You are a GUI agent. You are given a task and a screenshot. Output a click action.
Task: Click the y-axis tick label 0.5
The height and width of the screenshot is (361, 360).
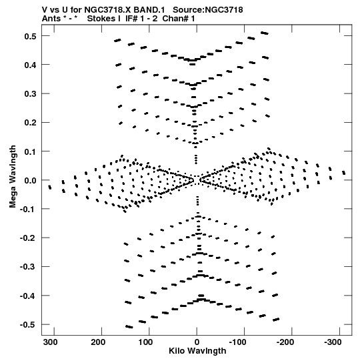[x=30, y=36]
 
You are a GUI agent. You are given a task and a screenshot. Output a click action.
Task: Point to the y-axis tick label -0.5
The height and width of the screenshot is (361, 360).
[x=28, y=325]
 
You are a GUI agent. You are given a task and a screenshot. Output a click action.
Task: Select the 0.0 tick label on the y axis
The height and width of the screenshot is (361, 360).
[x=30, y=180]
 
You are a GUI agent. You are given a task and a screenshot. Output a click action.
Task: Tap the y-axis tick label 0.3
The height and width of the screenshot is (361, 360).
[x=30, y=94]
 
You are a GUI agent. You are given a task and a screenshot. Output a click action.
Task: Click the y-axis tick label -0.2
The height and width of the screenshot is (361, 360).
[x=28, y=238]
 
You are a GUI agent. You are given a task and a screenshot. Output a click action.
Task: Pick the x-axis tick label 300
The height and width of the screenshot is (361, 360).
[x=51, y=342]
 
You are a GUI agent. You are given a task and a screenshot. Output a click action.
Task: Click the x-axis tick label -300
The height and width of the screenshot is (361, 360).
[x=333, y=342]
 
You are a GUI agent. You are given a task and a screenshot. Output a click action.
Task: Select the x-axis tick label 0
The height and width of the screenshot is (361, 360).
[x=197, y=342]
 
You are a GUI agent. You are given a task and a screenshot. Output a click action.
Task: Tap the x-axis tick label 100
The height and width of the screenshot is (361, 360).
[x=145, y=342]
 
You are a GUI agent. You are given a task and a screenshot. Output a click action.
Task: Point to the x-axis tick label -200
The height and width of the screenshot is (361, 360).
[x=285, y=342]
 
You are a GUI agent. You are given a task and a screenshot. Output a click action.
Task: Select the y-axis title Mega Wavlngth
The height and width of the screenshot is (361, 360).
[x=13, y=177]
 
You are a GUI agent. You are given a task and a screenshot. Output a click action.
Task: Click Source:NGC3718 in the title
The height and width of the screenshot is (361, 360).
[x=208, y=10]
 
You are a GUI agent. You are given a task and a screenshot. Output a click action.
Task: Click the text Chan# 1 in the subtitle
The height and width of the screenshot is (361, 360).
[x=179, y=19]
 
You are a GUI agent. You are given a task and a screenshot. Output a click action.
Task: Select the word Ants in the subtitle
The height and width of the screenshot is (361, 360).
[x=51, y=19]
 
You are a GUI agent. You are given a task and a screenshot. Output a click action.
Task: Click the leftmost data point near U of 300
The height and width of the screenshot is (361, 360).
[x=50, y=188]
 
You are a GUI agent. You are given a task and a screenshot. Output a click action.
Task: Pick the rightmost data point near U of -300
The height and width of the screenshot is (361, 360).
[x=344, y=173]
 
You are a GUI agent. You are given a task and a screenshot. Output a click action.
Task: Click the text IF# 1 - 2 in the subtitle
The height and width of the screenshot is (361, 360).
[x=141, y=19]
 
